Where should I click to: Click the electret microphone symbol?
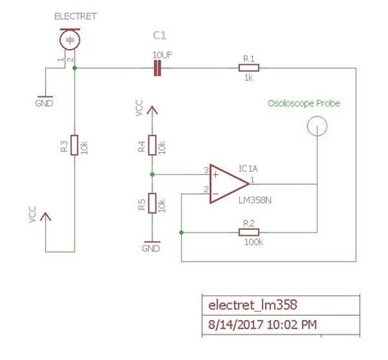[x=71, y=40]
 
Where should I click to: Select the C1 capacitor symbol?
[x=157, y=69]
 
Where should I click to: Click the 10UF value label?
[x=162, y=54]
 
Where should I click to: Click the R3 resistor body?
[x=74, y=145]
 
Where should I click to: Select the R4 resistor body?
[x=152, y=146]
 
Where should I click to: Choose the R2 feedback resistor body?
[x=249, y=233]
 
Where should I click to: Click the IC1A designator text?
[x=249, y=168]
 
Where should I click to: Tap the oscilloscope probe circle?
[x=316, y=126]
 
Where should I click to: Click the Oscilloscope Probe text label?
[x=304, y=105]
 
